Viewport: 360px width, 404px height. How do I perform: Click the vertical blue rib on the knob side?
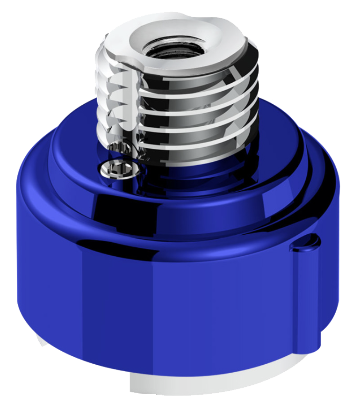click(306, 299)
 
